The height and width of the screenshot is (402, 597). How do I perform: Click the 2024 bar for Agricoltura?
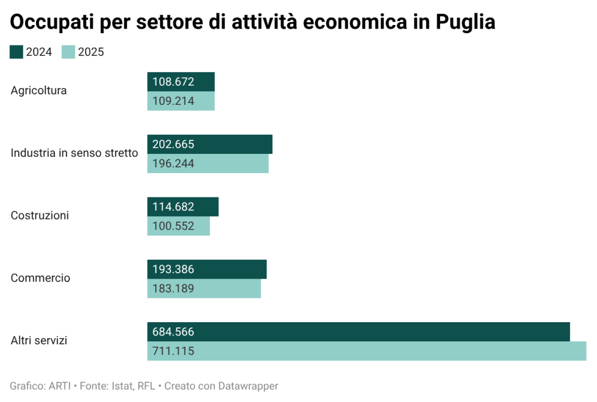point(181,82)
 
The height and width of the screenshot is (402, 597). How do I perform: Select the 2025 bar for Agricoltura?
point(181,101)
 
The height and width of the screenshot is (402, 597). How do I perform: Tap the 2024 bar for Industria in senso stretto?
point(209,144)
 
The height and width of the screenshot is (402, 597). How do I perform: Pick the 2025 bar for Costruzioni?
point(178,226)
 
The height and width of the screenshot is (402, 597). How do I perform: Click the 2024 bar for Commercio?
point(206,269)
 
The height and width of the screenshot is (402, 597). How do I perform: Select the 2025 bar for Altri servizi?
point(366,351)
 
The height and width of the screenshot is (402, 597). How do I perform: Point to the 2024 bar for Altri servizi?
point(358,332)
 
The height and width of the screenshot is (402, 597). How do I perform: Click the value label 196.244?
point(173,164)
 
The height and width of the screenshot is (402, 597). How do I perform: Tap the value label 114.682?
point(173,207)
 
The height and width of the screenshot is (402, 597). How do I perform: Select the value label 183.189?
point(173,288)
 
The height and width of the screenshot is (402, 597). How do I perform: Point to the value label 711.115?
point(173,351)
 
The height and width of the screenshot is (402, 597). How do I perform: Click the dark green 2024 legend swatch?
point(16,52)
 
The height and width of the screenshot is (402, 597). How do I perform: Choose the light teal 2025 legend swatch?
point(68,52)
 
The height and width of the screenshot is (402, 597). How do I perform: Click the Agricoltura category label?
point(38,91)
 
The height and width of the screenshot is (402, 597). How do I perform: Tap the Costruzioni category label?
point(40,216)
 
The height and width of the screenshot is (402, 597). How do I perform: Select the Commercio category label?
point(40,278)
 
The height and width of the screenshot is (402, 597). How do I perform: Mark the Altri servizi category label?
point(38,340)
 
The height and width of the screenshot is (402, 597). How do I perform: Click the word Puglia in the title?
point(466,22)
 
